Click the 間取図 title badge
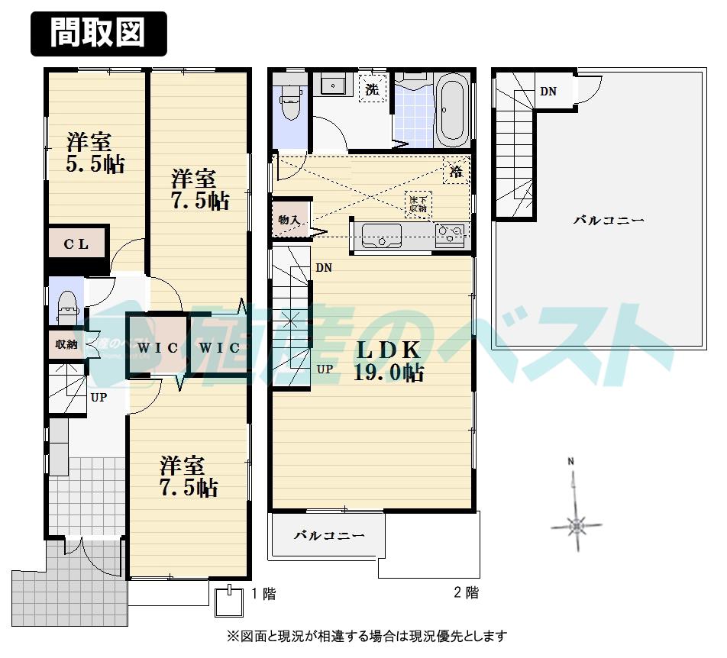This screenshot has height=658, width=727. click(x=98, y=34)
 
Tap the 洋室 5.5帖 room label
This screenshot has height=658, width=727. click(x=94, y=153)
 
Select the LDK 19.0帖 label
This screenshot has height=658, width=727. click(x=389, y=361)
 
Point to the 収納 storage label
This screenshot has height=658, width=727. click(x=66, y=344)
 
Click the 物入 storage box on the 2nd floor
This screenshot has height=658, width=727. click(x=289, y=220)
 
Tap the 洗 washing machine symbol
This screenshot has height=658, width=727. click(x=372, y=89)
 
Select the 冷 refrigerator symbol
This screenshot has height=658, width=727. click(x=456, y=172)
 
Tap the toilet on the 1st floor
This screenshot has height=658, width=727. click(x=67, y=302)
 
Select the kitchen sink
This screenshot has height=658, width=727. click(x=381, y=236)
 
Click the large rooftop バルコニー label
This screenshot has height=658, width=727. click(x=609, y=221)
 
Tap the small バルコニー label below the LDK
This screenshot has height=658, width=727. click(x=329, y=535)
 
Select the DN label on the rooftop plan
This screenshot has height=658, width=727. click(x=548, y=92)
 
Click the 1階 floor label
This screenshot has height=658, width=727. click(x=263, y=593)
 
